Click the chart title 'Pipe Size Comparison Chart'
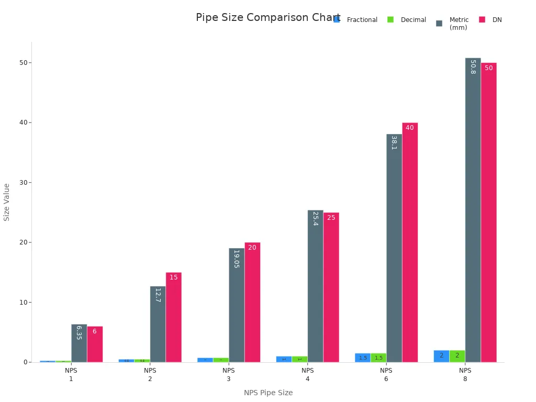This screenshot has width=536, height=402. pos(267,18)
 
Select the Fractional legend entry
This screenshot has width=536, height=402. pos(362,20)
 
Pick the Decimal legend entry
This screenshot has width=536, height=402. pos(413,20)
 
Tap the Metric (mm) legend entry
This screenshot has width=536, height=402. pos(459,24)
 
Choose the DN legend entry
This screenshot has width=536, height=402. pos(497,20)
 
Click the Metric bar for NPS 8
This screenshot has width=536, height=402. pos(473,209)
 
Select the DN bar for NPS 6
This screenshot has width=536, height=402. pos(410,242)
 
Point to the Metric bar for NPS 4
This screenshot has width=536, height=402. pos(315,286)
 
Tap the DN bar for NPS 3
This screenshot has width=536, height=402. pos(252,302)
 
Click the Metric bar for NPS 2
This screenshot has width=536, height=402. pos(158,324)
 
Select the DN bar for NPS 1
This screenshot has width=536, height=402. pos(95,344)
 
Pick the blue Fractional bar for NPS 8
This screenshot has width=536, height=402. pos(441,356)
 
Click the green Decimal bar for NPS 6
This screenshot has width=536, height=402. pos(378,358)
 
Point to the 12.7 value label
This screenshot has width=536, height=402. pos(158,295)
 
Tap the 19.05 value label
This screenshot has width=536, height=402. pos(236,259)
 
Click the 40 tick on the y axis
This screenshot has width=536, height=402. pos(23,122)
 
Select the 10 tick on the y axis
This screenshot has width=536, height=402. pos(23,302)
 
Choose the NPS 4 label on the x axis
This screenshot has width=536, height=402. pos(307,374)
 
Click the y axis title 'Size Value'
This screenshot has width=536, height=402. pos(7,202)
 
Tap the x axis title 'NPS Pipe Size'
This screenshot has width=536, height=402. pos(268,393)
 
